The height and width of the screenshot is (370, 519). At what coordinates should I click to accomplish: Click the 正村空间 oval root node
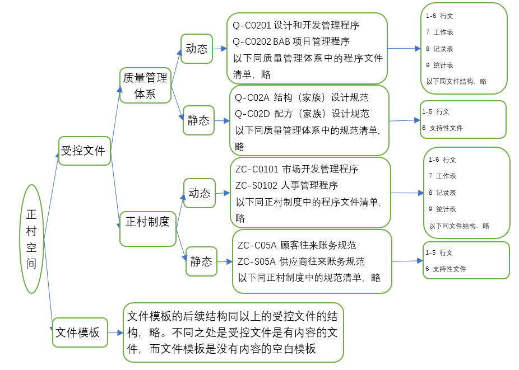click(x=31, y=239)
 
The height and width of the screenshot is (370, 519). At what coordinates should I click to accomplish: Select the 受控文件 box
click(x=84, y=151)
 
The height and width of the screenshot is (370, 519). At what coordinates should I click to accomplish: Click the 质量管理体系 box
click(x=145, y=86)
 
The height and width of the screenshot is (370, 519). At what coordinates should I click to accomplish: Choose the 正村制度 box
click(x=148, y=222)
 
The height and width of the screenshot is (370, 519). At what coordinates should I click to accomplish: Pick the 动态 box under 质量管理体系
click(x=196, y=49)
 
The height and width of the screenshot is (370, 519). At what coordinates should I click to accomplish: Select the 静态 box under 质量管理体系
click(x=198, y=120)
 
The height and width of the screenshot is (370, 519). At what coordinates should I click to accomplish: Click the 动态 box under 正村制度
click(x=200, y=193)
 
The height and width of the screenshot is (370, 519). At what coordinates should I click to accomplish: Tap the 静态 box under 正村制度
click(x=201, y=261)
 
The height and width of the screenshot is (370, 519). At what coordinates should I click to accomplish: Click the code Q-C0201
click(x=252, y=25)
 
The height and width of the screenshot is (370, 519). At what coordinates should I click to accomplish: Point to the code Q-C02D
click(x=252, y=114)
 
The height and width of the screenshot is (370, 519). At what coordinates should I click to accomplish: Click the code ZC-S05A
click(x=256, y=261)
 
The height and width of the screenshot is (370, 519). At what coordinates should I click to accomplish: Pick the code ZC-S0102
click(x=257, y=185)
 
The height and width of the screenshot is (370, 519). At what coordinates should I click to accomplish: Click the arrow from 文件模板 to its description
click(x=115, y=332)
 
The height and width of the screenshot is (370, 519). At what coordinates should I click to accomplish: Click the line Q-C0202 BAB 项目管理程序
click(x=291, y=41)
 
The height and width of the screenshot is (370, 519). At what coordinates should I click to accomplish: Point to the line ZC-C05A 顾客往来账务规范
click(x=297, y=245)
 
